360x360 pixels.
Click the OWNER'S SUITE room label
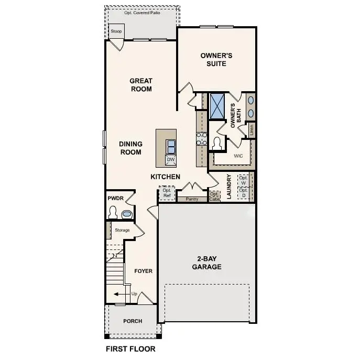click(x=216, y=59)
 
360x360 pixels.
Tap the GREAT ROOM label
click(x=141, y=85)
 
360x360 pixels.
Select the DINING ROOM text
click(x=130, y=148)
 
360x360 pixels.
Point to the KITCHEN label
click(x=166, y=177)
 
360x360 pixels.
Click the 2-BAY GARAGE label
click(x=209, y=263)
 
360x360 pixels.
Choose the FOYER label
click(x=143, y=271)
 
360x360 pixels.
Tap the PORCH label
click(x=133, y=321)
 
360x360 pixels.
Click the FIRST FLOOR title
click(x=130, y=348)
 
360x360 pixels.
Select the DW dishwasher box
click(x=171, y=159)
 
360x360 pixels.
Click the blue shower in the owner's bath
click(x=216, y=105)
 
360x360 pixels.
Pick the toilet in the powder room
click(x=113, y=213)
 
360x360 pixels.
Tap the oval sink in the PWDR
click(x=126, y=214)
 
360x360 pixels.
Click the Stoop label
click(x=116, y=31)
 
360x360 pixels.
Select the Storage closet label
click(x=122, y=230)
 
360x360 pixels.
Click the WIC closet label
click(x=238, y=156)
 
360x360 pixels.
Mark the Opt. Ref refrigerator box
click(x=167, y=193)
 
